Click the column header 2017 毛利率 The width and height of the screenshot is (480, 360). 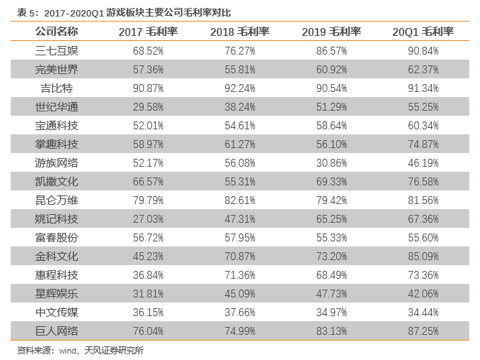tap(148, 32)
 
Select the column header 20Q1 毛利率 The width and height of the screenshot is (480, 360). tap(423, 32)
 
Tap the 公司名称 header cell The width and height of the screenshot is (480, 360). tap(57, 31)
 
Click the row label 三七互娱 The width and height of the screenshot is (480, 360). tap(57, 50)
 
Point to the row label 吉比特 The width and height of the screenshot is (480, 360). tap(57, 88)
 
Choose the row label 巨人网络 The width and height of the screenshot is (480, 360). tap(57, 331)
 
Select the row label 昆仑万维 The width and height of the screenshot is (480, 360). tap(57, 200)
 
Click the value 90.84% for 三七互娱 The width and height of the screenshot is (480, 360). tap(423, 51)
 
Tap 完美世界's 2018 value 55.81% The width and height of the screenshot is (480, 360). tap(240, 70)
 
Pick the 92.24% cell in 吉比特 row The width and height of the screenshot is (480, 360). tap(240, 88)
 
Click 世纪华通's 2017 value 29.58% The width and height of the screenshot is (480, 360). tap(148, 107)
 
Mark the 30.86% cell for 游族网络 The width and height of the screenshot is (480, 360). tap(331, 163)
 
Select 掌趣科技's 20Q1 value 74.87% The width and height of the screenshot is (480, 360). tap(423, 144)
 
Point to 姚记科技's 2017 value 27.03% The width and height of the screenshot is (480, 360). tap(148, 219)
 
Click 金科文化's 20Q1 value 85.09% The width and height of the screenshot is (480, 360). tap(423, 257)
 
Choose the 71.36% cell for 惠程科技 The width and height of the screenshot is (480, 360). tap(240, 275)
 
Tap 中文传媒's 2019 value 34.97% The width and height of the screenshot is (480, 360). tap(331, 313)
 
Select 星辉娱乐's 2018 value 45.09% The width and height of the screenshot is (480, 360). tap(240, 294)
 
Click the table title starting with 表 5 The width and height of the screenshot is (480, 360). tap(124, 12)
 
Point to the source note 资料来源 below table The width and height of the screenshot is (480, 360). tap(80, 350)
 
